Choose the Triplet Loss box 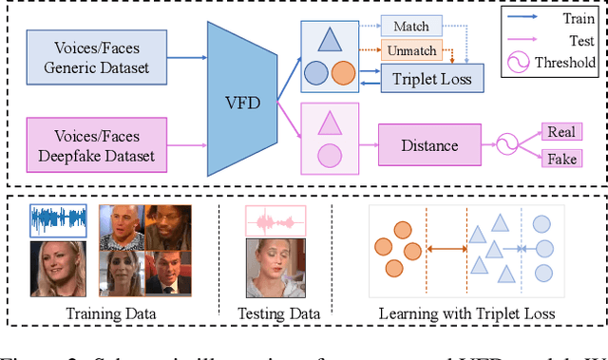(431, 79)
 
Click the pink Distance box (429, 145)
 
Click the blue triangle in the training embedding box (330, 39)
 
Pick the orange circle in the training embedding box (344, 73)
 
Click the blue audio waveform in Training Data (58, 219)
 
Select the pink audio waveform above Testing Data (275, 222)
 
